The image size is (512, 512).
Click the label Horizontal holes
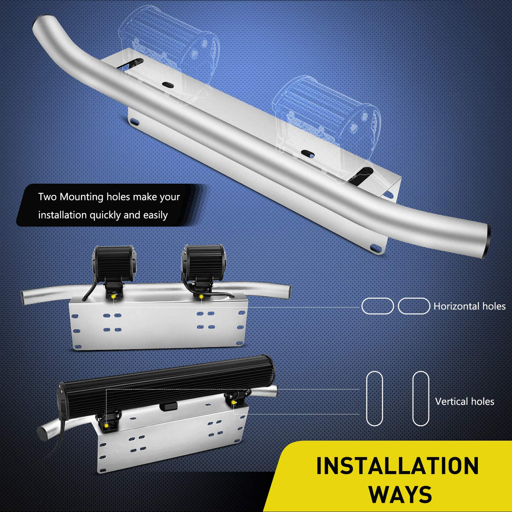[470, 306]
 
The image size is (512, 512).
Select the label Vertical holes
[465, 402]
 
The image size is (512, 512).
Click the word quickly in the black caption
[105, 215]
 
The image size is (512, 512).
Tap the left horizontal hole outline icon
[377, 306]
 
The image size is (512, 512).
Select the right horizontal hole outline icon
[414, 306]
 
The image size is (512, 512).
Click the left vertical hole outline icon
[374, 399]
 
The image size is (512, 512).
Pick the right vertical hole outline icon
[421, 399]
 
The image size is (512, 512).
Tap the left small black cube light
[114, 264]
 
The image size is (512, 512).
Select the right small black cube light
[203, 263]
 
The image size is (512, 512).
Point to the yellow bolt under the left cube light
[113, 296]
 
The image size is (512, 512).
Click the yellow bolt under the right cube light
[202, 296]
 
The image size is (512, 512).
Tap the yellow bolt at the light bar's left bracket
[106, 425]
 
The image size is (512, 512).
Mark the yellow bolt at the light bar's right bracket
[234, 402]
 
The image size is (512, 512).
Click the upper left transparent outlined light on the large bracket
[169, 53]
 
